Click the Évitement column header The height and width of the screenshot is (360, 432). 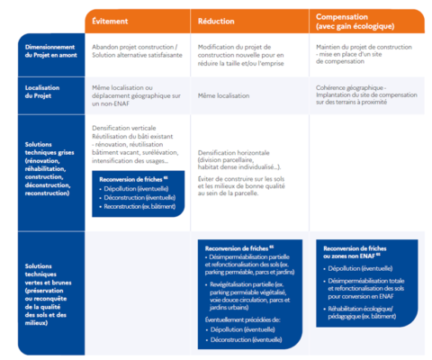(x=112, y=20)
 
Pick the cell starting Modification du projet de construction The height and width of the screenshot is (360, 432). (x=243, y=50)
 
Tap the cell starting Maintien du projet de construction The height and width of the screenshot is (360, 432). (x=360, y=50)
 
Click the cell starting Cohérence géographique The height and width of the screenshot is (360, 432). (x=364, y=94)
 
